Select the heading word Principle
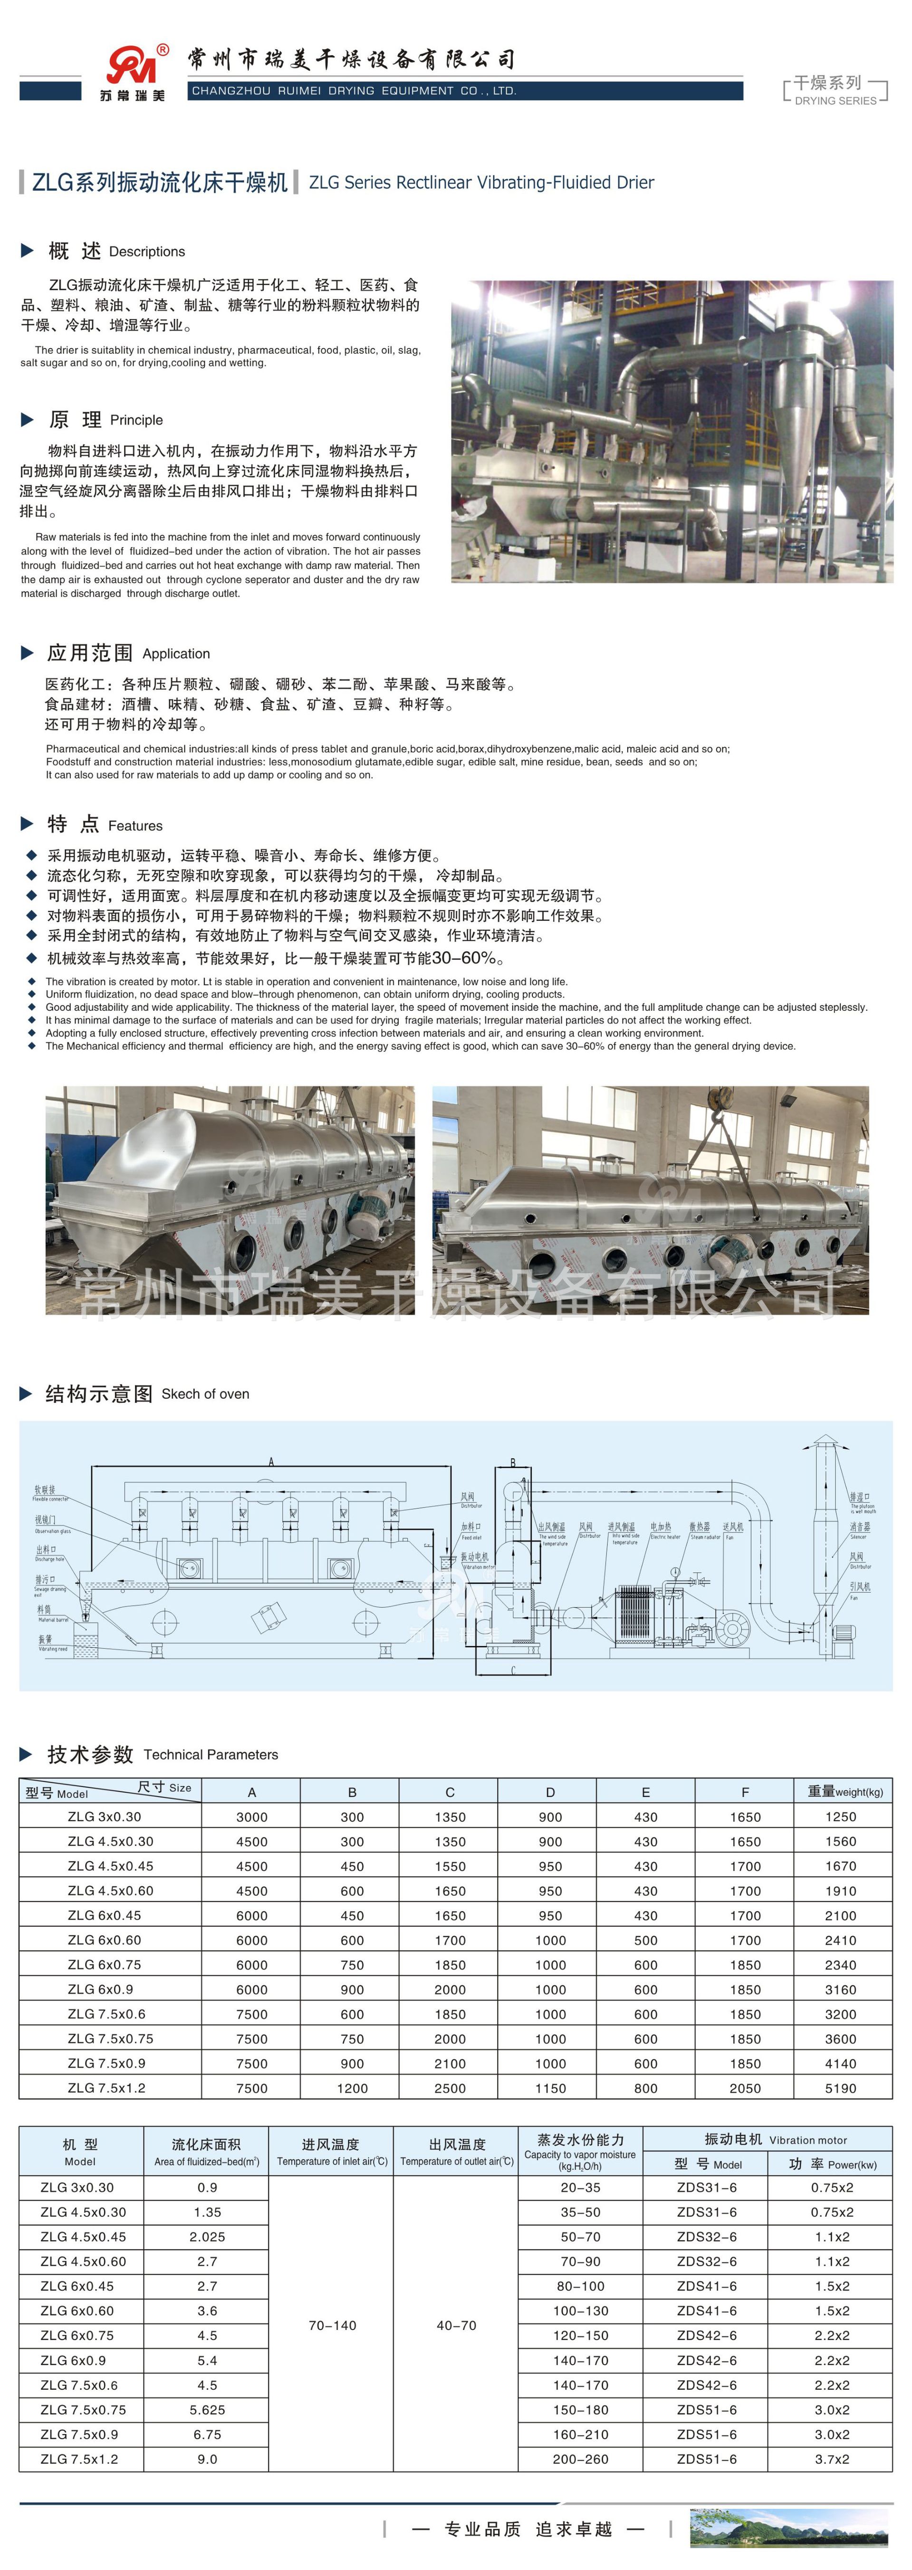137,420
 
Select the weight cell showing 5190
840,2088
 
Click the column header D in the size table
550,1792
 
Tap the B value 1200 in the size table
352,2088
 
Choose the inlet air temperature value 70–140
332,2326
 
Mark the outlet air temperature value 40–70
456,2326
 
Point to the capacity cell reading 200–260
581,2459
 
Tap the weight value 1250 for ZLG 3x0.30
840,1817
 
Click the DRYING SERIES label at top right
835,101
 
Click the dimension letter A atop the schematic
270,1461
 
